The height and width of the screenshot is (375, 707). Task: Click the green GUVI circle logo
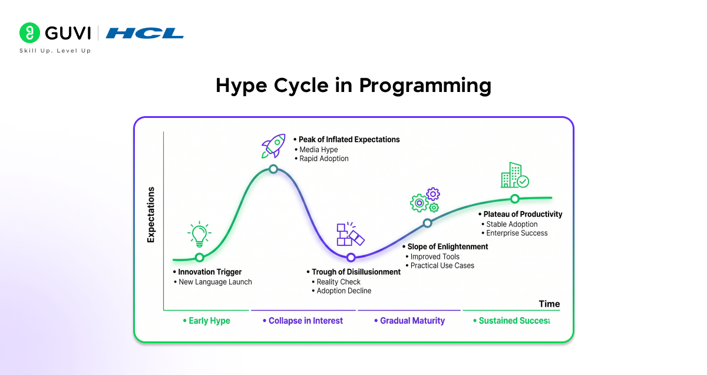29,32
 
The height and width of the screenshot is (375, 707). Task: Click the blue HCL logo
144,33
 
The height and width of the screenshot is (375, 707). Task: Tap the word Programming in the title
425,86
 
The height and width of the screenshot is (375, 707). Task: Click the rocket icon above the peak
273,146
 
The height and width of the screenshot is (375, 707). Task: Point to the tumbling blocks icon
351,233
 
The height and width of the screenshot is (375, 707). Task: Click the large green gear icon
419,203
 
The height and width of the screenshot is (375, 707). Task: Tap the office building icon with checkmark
515,175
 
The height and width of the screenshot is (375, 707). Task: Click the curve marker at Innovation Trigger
200,258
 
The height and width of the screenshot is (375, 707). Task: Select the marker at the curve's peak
273,169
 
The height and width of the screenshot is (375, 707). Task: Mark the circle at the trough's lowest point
351,258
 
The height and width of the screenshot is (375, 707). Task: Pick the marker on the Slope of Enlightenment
427,223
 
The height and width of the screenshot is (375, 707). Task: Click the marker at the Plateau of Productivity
515,199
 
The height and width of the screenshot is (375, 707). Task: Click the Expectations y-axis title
151,215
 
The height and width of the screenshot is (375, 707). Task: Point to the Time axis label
549,304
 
